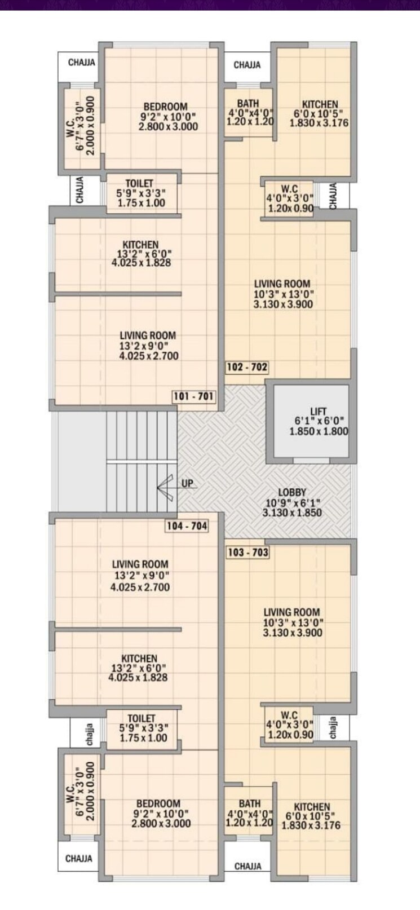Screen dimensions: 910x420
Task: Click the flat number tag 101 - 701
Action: tap(194, 396)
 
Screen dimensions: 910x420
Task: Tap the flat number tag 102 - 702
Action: tap(247, 368)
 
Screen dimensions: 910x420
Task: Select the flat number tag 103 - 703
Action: tap(247, 552)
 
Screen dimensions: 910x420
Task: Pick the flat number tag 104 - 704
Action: tap(187, 526)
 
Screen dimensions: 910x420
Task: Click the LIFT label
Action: tap(318, 411)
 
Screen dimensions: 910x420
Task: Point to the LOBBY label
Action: tap(292, 492)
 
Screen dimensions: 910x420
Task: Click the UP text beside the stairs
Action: tap(187, 483)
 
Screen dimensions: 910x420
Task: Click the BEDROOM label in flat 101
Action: tap(165, 107)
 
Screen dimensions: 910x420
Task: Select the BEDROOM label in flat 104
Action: tap(158, 803)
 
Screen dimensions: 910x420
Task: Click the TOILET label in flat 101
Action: tap(139, 183)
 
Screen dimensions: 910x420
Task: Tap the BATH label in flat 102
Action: tap(248, 103)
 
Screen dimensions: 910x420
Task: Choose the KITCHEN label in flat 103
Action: tap(312, 807)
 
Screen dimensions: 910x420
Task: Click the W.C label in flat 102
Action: tap(289, 188)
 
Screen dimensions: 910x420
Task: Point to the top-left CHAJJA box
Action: tap(81, 63)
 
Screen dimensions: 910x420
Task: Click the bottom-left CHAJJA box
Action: tap(79, 859)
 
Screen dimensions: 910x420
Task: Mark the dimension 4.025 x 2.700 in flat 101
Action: tap(149, 356)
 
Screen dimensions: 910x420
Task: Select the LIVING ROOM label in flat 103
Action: tap(292, 612)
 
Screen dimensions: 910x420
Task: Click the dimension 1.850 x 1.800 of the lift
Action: tap(319, 431)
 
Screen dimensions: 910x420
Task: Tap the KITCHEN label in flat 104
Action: tap(139, 659)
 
